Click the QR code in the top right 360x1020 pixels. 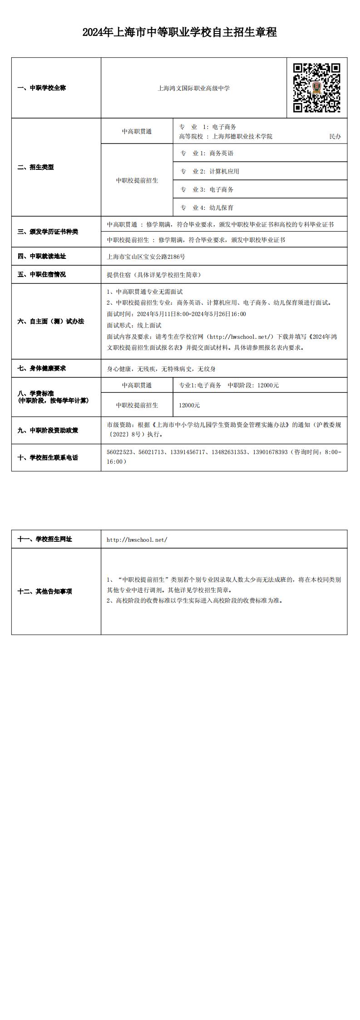tap(316, 88)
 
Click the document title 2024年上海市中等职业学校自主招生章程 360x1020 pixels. tap(180, 32)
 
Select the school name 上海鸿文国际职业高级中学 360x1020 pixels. tap(193, 88)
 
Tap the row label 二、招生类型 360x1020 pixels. tap(36, 167)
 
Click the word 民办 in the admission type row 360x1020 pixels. tap(335, 136)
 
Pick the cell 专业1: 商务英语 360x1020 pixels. tap(207, 153)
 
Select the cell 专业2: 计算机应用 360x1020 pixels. tap(210, 171)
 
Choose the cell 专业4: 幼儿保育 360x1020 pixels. tap(207, 208)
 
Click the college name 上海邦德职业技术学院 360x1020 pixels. tap(239, 136)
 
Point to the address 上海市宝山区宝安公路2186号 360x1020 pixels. tap(146, 257)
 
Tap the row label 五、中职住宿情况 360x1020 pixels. tap(42, 275)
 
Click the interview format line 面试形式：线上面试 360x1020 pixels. tap(134, 325)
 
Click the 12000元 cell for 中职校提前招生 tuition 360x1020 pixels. tap(189, 405)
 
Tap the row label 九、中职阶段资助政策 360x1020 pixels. tap(48, 430)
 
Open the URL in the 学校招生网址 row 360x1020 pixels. tap(137, 540)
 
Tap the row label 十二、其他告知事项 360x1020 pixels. tap(45, 591)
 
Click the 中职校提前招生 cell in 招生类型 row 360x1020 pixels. tap(137, 180)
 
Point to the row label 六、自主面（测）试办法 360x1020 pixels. tap(51, 322)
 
